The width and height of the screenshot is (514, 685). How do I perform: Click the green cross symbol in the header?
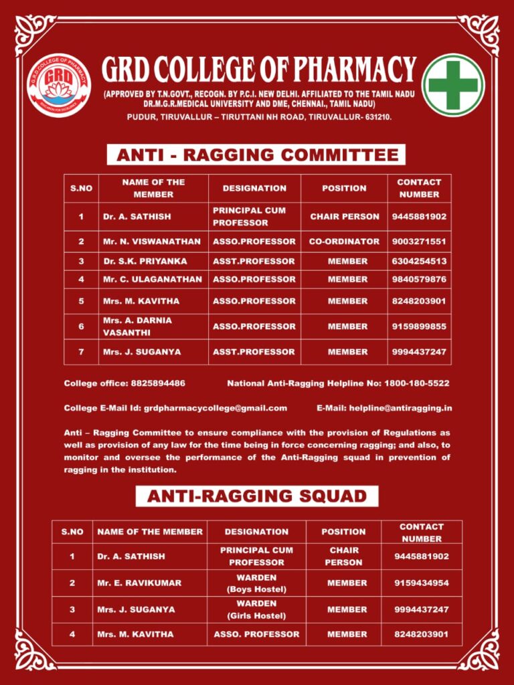tap(455, 85)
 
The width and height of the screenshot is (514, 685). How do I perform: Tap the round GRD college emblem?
tap(59, 85)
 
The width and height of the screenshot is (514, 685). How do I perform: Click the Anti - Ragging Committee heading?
tap(257, 155)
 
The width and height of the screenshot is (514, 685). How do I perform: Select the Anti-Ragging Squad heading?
tap(257, 496)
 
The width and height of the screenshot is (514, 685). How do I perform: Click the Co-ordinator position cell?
tap(344, 241)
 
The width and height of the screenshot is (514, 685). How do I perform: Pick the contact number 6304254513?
tap(419, 261)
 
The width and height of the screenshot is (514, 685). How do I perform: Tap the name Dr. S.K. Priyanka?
tap(145, 261)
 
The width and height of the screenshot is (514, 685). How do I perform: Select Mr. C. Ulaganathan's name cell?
tap(143, 279)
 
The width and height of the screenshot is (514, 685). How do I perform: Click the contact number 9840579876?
tap(419, 279)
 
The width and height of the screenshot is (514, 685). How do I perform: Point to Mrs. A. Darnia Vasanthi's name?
tap(137, 326)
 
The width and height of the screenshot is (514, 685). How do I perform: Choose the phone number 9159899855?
tap(419, 326)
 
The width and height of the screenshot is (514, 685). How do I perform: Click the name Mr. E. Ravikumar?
tap(139, 583)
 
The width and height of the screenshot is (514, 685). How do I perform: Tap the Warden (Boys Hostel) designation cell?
tap(256, 583)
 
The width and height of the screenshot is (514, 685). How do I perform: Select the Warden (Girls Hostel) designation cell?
tap(256, 609)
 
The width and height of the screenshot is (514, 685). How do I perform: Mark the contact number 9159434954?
tap(422, 583)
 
